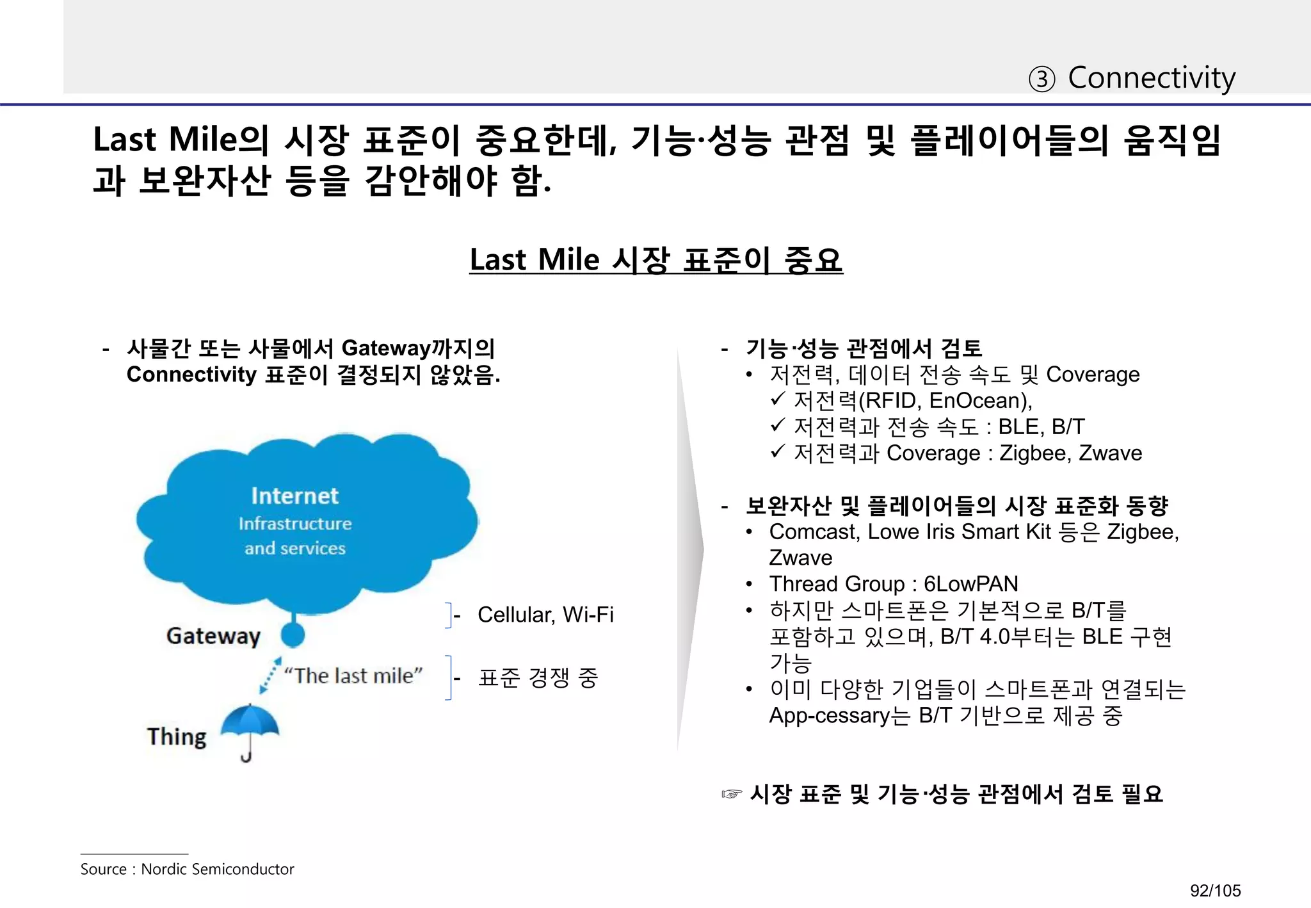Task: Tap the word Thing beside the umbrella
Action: (177, 737)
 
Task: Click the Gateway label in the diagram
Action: (213, 636)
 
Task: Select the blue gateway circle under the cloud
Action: (293, 634)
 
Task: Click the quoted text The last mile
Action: (353, 676)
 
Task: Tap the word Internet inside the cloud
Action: (294, 496)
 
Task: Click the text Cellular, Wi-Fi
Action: (545, 615)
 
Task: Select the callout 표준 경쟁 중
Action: (538, 677)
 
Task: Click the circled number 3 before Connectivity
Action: (1042, 79)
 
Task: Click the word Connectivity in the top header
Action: (1152, 78)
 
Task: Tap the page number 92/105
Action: (1215, 890)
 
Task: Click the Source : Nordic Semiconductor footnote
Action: (187, 869)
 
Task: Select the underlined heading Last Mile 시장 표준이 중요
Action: (655, 260)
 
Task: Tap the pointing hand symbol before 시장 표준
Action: (731, 795)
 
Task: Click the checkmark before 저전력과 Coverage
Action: (778, 452)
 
